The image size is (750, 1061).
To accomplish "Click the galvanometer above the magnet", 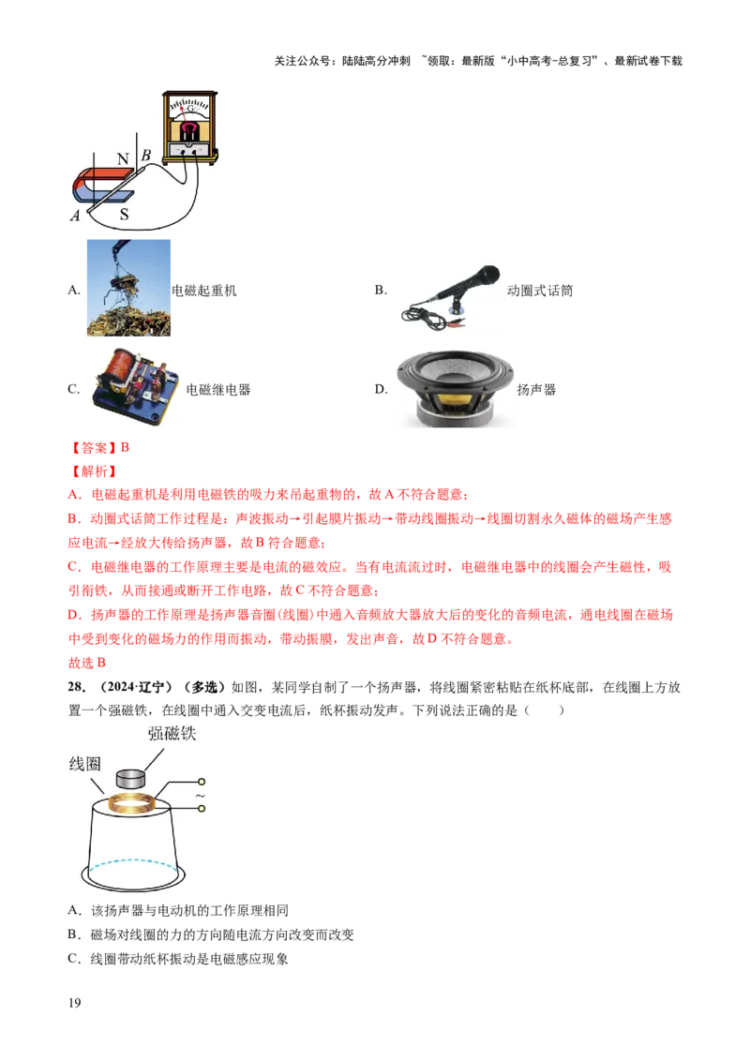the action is [189, 127].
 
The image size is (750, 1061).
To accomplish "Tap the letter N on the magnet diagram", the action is [123, 159].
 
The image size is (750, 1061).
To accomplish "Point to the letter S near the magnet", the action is [124, 215].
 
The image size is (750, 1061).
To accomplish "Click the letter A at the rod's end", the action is [74, 216].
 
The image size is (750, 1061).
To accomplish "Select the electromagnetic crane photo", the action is [128, 288].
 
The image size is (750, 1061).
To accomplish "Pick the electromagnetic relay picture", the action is [136, 386].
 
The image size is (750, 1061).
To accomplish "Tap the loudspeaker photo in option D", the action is [454, 388].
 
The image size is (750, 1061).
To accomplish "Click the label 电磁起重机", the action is [203, 291].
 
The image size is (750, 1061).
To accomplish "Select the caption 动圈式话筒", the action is [540, 291].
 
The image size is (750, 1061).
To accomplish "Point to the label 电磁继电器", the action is [217, 390].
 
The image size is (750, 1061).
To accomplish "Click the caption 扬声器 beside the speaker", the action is [536, 390].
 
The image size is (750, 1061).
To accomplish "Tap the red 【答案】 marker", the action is [94, 448].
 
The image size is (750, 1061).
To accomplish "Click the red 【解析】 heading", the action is [94, 471].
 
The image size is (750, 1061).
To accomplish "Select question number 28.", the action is [77, 687].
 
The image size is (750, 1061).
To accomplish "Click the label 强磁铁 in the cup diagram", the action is [172, 734].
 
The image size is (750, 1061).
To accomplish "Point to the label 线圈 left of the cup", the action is [85, 764].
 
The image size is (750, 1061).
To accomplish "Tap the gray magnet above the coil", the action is [131, 779].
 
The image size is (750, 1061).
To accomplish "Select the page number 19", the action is [74, 1003].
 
